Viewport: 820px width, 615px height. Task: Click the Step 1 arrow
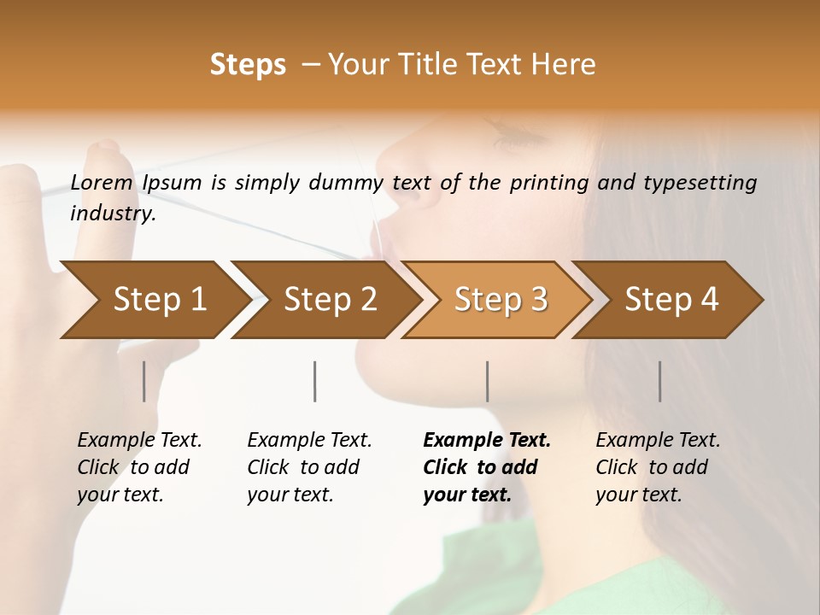click(154, 300)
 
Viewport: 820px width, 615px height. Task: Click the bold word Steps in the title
click(248, 65)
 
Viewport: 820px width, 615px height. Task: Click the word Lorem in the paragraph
click(101, 183)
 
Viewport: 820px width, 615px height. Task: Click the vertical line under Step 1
click(144, 381)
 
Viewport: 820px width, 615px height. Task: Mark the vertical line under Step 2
click(315, 381)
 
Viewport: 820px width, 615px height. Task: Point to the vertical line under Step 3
click(488, 381)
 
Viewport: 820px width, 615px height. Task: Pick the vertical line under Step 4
click(660, 381)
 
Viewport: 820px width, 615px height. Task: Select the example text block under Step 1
click(139, 467)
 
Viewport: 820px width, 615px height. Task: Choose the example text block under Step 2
click(309, 467)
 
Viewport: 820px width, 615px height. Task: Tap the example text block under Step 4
click(658, 467)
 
